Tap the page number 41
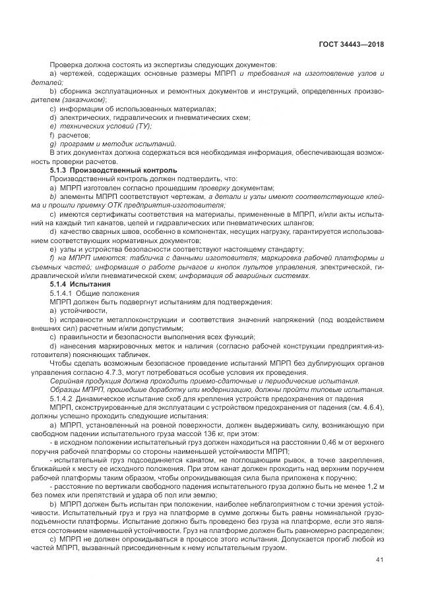(x=379, y=560)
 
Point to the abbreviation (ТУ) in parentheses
(x=142, y=125)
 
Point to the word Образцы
(x=66, y=390)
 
